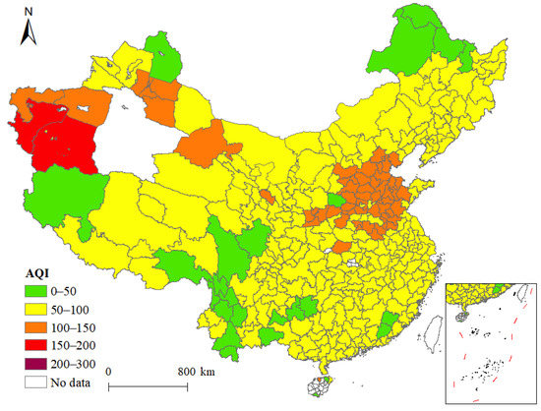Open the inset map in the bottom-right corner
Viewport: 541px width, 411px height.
coord(492,339)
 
